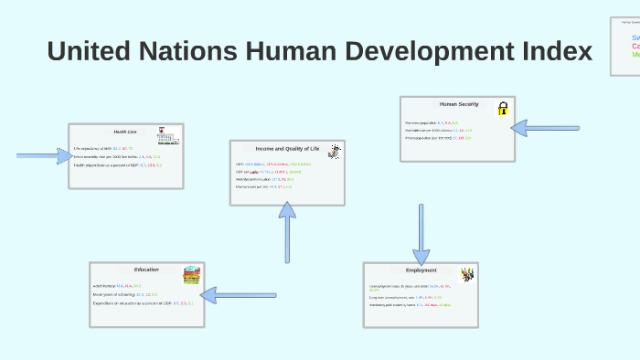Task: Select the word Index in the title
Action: pyautogui.click(x=553, y=51)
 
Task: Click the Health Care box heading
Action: pyautogui.click(x=125, y=132)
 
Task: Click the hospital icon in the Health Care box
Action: pyautogui.click(x=167, y=136)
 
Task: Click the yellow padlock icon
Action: pyautogui.click(x=502, y=109)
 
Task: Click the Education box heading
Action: pyautogui.click(x=146, y=270)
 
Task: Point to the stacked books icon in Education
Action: pyautogui.click(x=191, y=274)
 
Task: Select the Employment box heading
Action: pyautogui.click(x=421, y=270)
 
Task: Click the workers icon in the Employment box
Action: pyautogui.click(x=466, y=274)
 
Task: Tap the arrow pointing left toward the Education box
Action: pyautogui.click(x=238, y=294)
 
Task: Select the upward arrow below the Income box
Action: pyautogui.click(x=287, y=233)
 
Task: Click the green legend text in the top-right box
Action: pyautogui.click(x=635, y=55)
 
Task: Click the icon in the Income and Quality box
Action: pyautogui.click(x=335, y=152)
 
